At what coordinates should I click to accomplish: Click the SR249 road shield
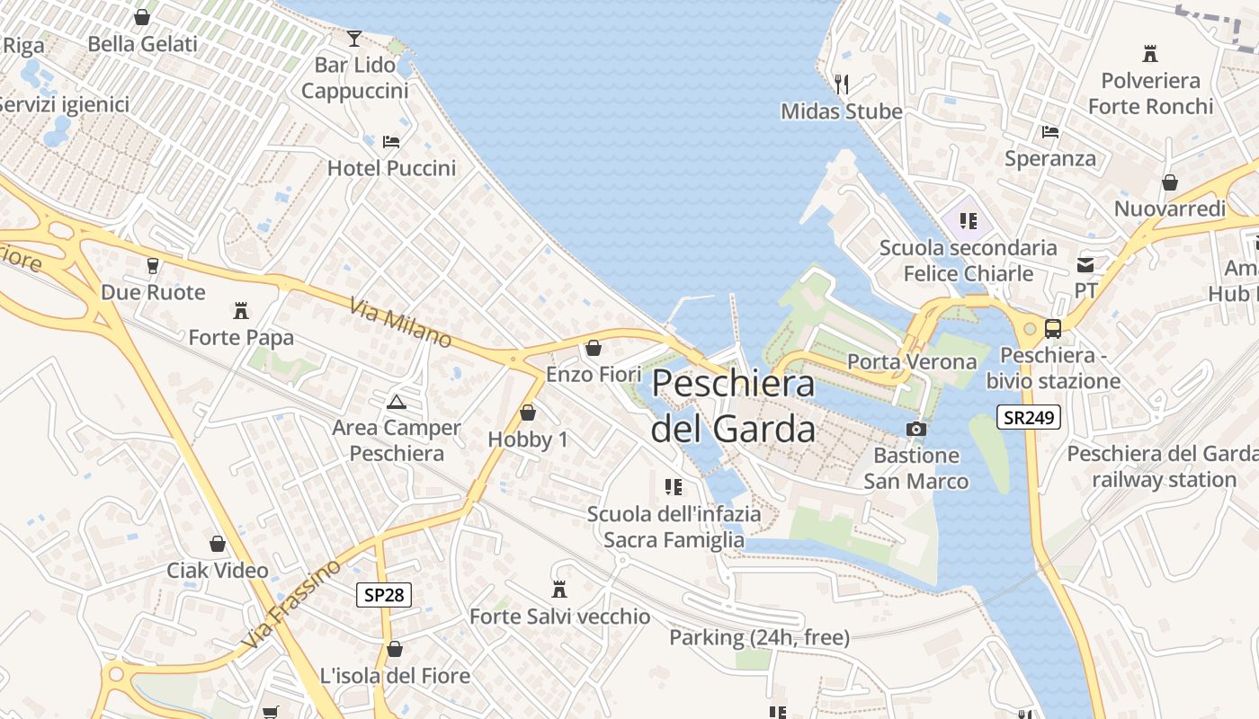tap(1029, 417)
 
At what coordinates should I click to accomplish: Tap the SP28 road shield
tap(384, 594)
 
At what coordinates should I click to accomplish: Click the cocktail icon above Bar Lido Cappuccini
tap(354, 39)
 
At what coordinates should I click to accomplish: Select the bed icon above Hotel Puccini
tap(391, 141)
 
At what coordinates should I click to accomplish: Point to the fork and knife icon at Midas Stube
tap(842, 84)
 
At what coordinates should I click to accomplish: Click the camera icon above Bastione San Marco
tap(916, 429)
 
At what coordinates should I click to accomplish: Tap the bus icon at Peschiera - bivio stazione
tap(1053, 329)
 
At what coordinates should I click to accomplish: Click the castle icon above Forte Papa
tap(241, 311)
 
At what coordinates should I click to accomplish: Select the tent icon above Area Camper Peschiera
tap(397, 402)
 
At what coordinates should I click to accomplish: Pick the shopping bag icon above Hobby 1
tap(528, 413)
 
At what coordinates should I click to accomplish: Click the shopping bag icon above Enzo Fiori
tap(594, 348)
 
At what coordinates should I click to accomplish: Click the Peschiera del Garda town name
tap(733, 406)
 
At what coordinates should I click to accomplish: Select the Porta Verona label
tap(912, 362)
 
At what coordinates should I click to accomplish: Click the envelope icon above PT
tap(1086, 265)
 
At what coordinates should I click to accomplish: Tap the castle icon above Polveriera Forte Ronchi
tap(1149, 54)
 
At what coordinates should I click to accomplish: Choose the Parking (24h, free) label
tap(759, 638)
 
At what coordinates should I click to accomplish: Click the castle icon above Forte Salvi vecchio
tap(559, 590)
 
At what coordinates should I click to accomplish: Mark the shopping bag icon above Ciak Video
tap(218, 544)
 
